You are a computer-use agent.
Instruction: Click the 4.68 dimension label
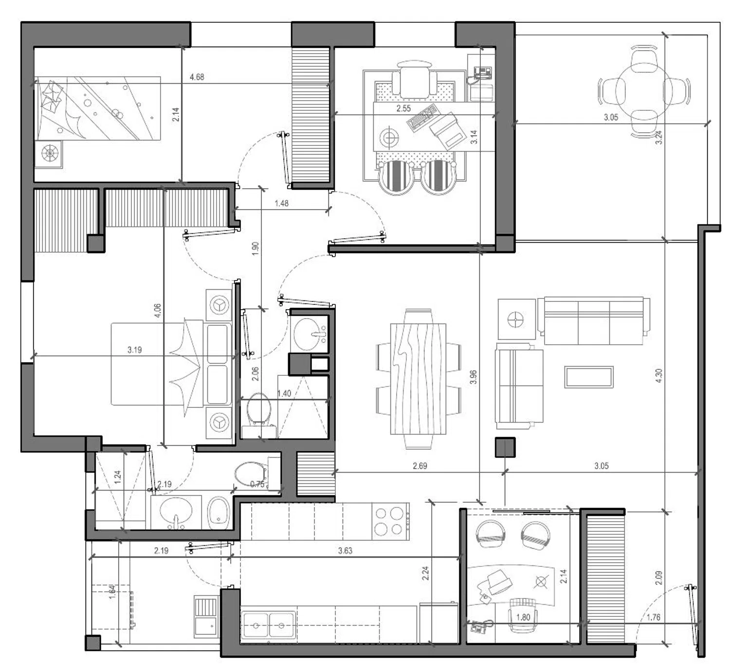click(197, 77)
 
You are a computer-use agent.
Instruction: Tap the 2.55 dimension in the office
click(403, 108)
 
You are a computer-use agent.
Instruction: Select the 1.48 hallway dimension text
click(282, 203)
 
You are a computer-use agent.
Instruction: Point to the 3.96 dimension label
click(473, 377)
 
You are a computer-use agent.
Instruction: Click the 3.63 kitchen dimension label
click(345, 550)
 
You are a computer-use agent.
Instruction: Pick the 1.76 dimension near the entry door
click(654, 617)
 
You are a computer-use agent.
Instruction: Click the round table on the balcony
click(644, 91)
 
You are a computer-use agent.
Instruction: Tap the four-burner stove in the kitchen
click(390, 521)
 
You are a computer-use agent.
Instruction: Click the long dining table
click(418, 379)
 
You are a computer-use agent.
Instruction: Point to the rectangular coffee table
click(589, 377)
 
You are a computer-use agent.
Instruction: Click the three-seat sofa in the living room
click(594, 321)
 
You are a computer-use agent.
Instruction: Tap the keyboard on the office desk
click(422, 117)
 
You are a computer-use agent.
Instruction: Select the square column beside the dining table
click(505, 447)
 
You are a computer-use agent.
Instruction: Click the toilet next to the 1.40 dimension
click(259, 410)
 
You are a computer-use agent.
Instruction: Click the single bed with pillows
click(97, 108)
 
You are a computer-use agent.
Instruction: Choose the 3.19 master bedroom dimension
click(134, 350)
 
